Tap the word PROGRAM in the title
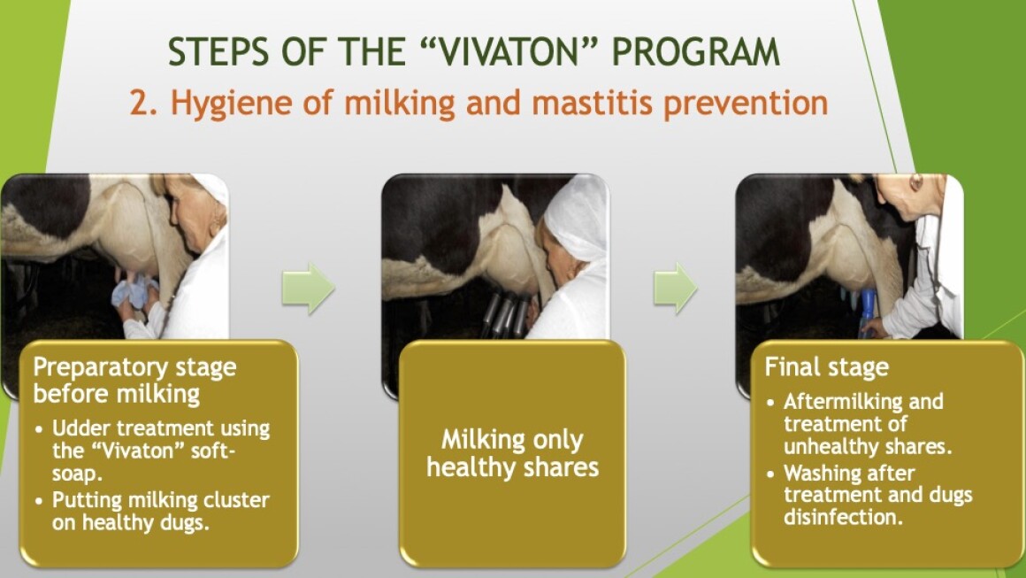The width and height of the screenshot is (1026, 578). pos(695,51)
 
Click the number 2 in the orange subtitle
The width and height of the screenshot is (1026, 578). pos(143,103)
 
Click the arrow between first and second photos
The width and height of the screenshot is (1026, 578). pos(308,289)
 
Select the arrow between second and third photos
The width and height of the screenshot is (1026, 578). pos(675,289)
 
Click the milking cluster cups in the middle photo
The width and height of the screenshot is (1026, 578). pos(505,315)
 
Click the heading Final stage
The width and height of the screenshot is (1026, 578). pos(826,366)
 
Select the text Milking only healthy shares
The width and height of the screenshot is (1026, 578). pos(512,453)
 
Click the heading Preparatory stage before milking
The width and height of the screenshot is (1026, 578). pos(134,381)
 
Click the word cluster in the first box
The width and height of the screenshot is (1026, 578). pos(236,500)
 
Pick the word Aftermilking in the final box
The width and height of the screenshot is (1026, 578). pos(864,401)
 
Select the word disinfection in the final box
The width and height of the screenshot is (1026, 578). pos(844,517)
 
